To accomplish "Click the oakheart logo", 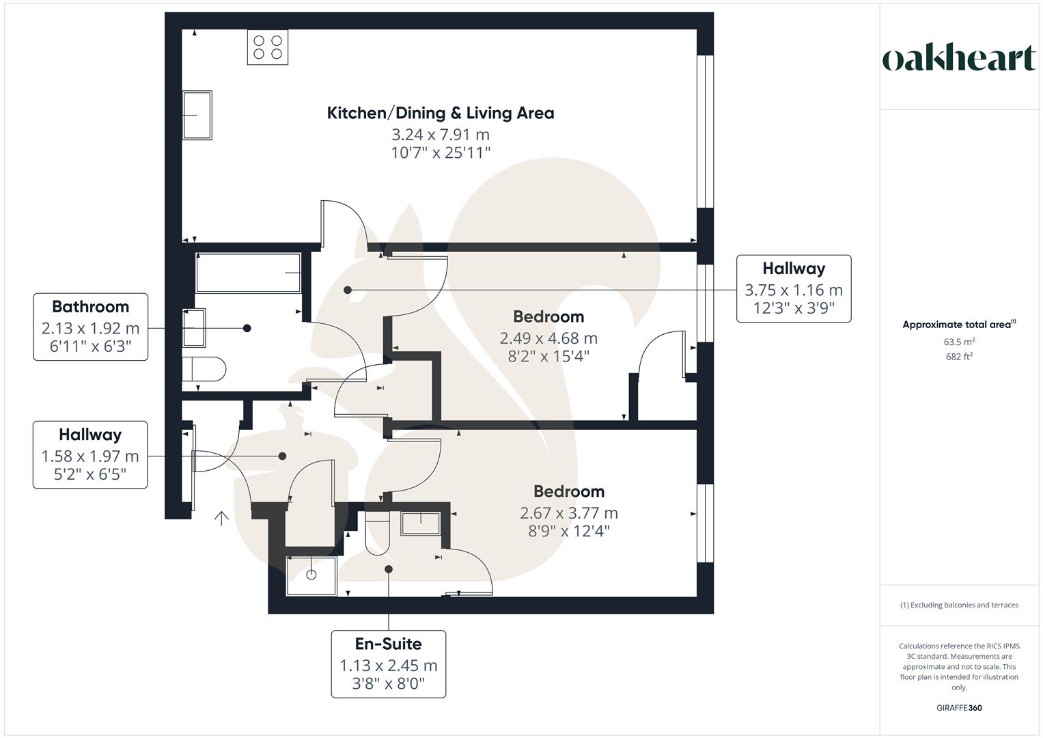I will pyautogui.click(x=958, y=59).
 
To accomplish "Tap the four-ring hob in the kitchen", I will pyautogui.click(x=267, y=47).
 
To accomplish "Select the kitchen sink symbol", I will pyautogui.click(x=197, y=115).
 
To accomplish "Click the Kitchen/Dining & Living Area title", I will pyautogui.click(x=441, y=113).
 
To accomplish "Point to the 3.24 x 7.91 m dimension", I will pyautogui.click(x=441, y=135).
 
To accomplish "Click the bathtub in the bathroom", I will pyautogui.click(x=248, y=273).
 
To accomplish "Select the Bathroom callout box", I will pyautogui.click(x=90, y=327).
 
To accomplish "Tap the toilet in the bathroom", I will pyautogui.click(x=204, y=370).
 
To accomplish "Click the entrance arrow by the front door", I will pyautogui.click(x=221, y=519).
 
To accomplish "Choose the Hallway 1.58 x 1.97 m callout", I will pyautogui.click(x=90, y=455).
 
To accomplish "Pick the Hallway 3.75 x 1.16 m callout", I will pyautogui.click(x=794, y=288).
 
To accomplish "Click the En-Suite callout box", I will pyautogui.click(x=388, y=664).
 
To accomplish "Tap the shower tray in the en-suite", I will pyautogui.click(x=311, y=576).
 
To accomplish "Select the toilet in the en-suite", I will pyautogui.click(x=376, y=534).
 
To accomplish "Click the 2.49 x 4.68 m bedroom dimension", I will pyautogui.click(x=548, y=338).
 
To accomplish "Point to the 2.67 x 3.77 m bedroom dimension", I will pyautogui.click(x=569, y=513).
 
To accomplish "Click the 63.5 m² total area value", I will pyautogui.click(x=959, y=342).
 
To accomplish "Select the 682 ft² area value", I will pyautogui.click(x=959, y=356).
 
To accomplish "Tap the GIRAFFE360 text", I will pyautogui.click(x=959, y=708).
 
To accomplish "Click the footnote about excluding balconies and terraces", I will pyautogui.click(x=959, y=605).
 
